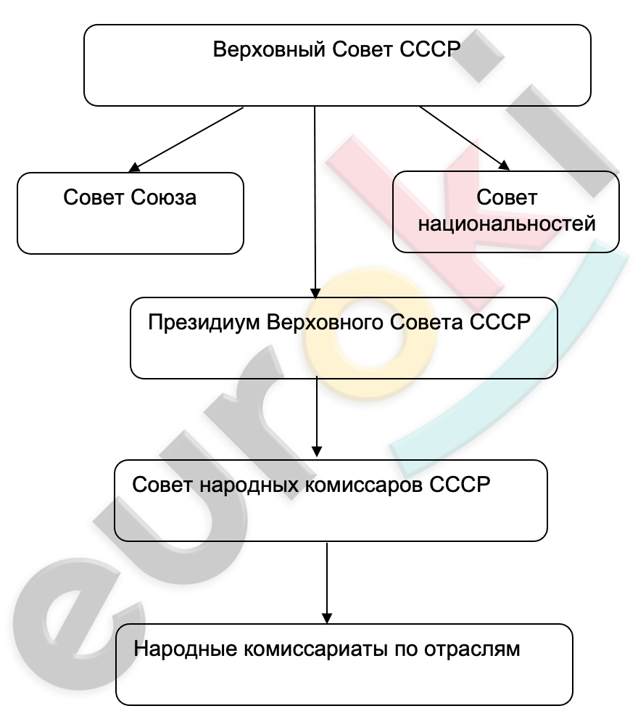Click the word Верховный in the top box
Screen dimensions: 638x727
point(269,49)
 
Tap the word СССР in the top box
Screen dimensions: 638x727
point(430,49)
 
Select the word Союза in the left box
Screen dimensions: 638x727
point(163,197)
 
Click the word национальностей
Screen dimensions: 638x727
point(507,223)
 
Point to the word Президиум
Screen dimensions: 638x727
point(204,323)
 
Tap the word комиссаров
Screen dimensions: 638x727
point(364,485)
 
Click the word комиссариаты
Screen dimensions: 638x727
point(315,649)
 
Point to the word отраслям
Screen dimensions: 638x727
point(472,649)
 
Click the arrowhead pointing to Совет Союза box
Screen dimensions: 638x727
point(134,168)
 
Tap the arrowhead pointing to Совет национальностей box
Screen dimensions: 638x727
point(504,165)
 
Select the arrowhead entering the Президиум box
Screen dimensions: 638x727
point(315,293)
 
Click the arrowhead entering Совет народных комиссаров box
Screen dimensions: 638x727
point(317,451)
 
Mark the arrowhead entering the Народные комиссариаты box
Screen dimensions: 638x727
point(327,618)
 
